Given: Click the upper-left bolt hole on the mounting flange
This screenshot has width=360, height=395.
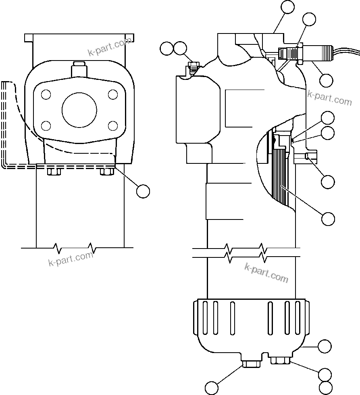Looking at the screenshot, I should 46,95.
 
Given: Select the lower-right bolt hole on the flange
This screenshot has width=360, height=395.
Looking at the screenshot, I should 113,125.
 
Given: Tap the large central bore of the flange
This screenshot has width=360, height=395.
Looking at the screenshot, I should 79,110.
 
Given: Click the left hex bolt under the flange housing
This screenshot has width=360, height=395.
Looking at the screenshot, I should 54,171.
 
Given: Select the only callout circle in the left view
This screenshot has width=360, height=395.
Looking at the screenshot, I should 143,190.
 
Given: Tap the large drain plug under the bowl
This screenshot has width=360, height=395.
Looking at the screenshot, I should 251,364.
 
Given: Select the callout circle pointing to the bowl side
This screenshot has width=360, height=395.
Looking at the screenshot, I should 325,346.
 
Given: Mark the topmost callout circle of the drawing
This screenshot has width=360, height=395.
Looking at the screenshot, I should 288,7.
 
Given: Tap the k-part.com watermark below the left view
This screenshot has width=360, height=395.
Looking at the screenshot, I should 70,258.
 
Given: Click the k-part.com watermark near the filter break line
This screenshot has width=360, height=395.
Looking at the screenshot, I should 266,273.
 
